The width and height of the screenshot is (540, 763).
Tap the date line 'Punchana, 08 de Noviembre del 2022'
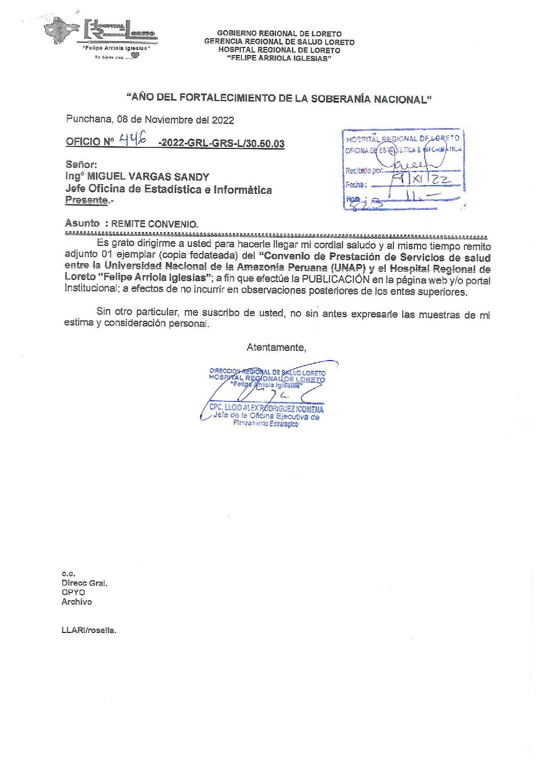pyautogui.click(x=150, y=120)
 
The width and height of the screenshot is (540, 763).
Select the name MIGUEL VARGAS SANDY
pyautogui.click(x=148, y=177)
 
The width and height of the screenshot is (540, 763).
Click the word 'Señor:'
pyautogui.click(x=81, y=165)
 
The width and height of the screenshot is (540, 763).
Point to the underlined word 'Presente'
pyautogui.click(x=86, y=200)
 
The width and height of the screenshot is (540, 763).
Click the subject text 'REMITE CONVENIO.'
pyautogui.click(x=155, y=224)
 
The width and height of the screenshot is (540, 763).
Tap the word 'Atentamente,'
pyautogui.click(x=276, y=348)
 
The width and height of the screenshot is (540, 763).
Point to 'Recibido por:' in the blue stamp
pyautogui.click(x=364, y=171)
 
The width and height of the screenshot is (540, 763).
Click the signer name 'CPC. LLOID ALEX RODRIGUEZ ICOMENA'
pyautogui.click(x=266, y=409)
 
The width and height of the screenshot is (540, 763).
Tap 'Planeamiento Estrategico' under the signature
pyautogui.click(x=265, y=424)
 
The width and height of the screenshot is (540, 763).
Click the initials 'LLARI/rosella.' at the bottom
pyautogui.click(x=89, y=630)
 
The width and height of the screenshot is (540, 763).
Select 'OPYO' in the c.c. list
pyautogui.click(x=73, y=593)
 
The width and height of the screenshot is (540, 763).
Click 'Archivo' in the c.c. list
pyautogui.click(x=77, y=602)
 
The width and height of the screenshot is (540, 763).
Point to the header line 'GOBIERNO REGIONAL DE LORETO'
pyautogui.click(x=279, y=34)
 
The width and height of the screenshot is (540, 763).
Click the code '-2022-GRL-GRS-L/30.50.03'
pyautogui.click(x=222, y=143)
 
